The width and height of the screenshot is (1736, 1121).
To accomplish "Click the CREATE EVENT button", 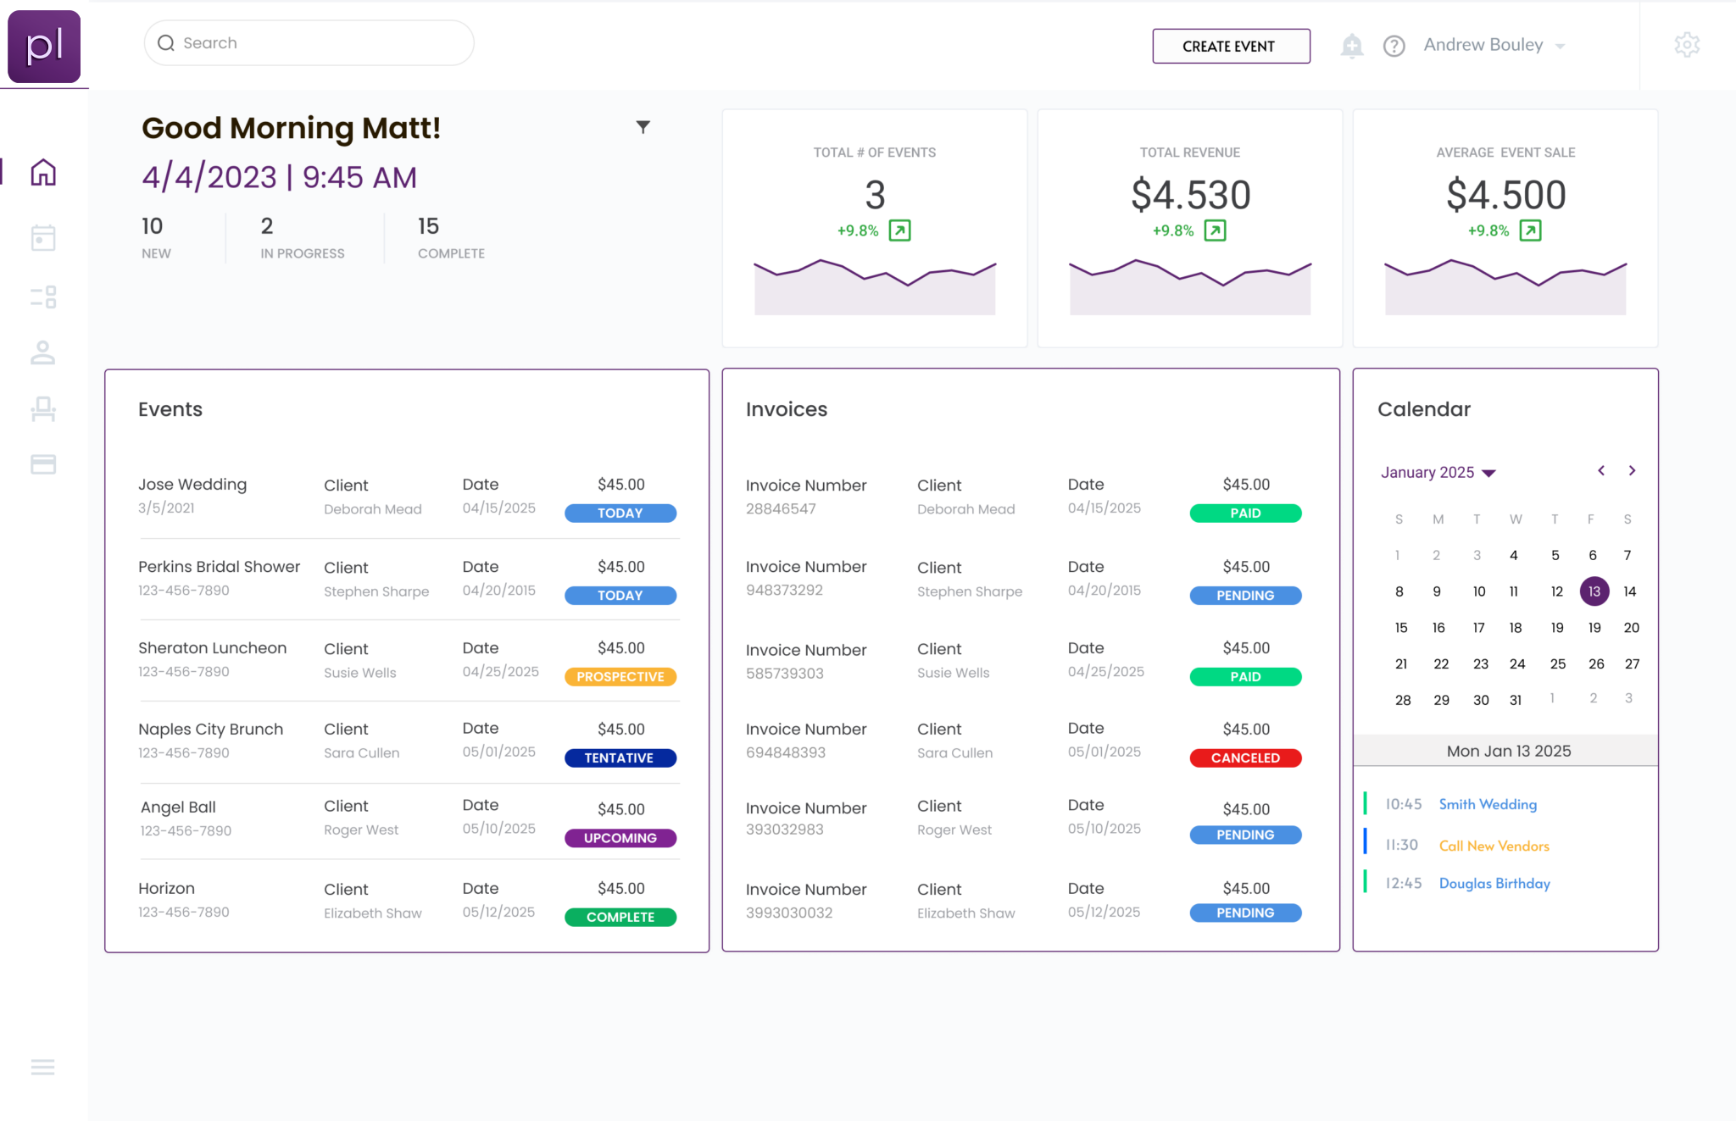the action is point(1231,46).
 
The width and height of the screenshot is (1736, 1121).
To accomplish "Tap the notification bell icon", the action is point(1352,45).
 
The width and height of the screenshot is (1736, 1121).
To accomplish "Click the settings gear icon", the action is point(1687,45).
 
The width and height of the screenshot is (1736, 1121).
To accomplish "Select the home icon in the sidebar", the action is point(43,173).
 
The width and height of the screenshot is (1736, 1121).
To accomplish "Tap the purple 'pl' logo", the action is point(44,47).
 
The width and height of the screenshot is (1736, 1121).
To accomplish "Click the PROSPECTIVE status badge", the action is point(620,677).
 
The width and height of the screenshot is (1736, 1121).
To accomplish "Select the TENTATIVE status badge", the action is point(620,758).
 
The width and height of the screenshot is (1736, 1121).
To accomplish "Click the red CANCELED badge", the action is point(1245,758).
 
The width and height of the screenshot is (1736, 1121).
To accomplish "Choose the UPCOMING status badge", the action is point(620,838).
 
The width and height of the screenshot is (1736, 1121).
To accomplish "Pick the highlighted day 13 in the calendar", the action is point(1594,591).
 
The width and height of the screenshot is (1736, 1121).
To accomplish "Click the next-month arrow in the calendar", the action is point(1632,471).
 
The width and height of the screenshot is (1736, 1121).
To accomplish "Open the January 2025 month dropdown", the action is point(1438,473).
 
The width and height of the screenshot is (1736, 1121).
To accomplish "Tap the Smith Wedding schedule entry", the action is point(1488,804).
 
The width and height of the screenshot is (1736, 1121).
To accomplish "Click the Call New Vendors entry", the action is point(1494,846).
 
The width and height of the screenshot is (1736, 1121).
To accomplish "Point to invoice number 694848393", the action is point(786,752).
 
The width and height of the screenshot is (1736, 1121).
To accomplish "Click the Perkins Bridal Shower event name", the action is point(219,567).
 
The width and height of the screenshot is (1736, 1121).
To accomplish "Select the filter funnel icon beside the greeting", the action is point(643,127).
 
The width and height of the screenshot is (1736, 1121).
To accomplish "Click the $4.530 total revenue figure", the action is point(1190,195).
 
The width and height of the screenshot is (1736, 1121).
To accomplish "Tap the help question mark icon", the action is point(1394,46).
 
